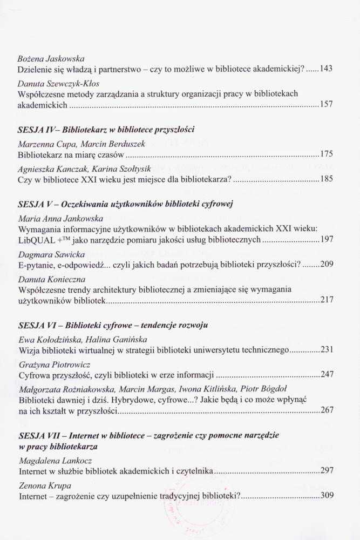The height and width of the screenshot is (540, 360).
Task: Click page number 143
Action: click(326, 69)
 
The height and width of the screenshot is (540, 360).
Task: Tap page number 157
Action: click(326, 104)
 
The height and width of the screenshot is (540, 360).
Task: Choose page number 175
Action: click(326, 154)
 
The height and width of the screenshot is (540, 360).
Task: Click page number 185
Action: click(326, 179)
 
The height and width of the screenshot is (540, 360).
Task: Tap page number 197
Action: click(326, 240)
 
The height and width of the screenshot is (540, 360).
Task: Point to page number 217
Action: click(326, 300)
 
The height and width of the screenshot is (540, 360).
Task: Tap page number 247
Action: click(326, 374)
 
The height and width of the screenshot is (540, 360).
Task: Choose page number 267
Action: click(326, 410)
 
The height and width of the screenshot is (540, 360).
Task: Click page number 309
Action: click(326, 496)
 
